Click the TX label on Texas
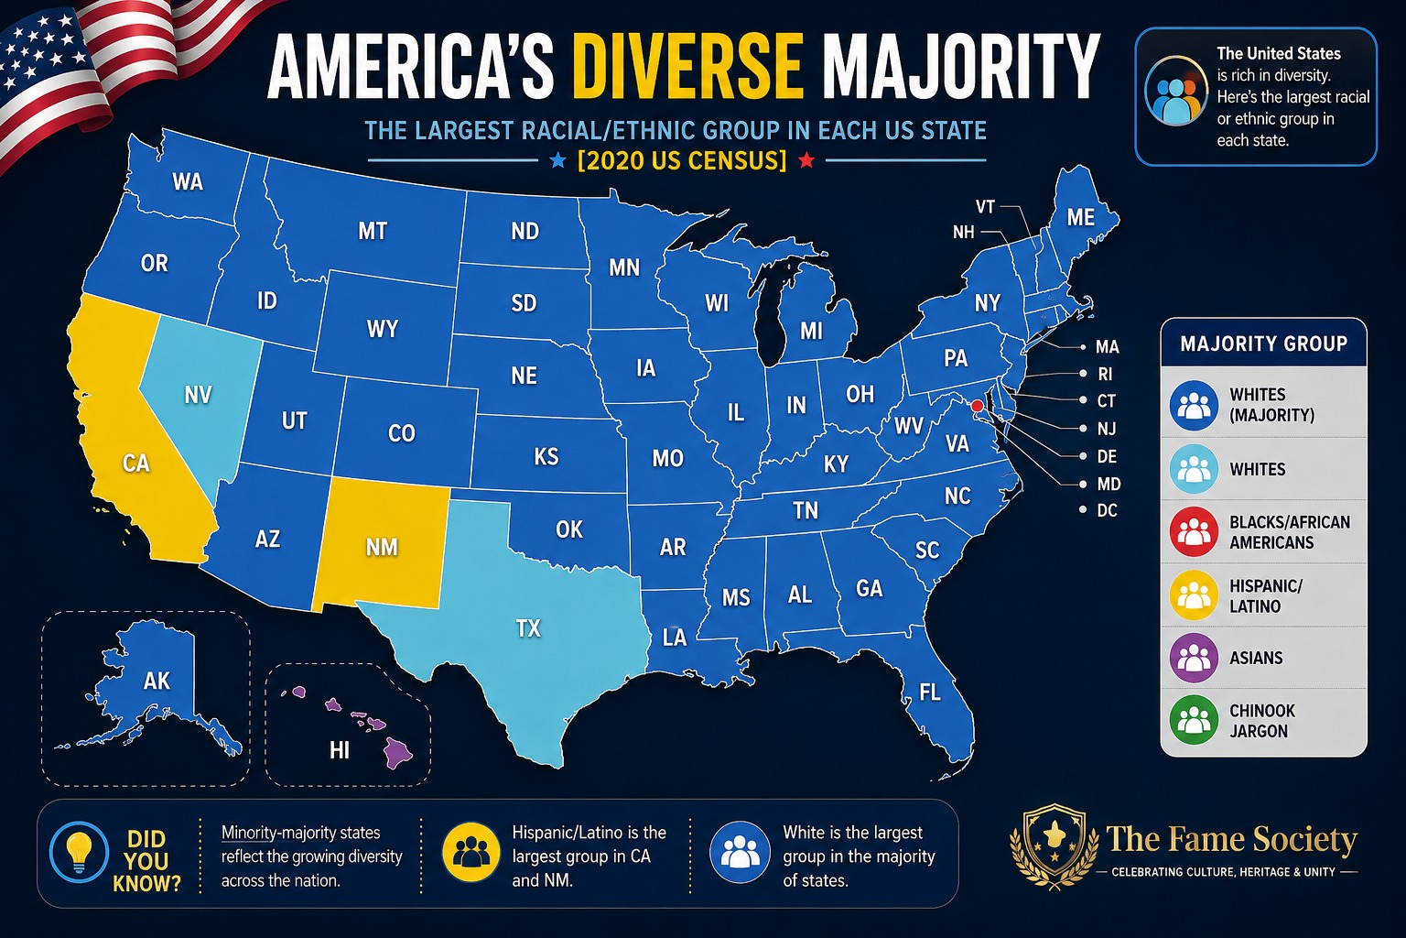[x=528, y=628]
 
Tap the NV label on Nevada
[x=198, y=395]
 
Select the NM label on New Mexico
[x=382, y=547]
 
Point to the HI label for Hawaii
[x=339, y=750]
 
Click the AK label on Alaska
[x=157, y=681]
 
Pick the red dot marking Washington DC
[x=977, y=407]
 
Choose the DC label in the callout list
[x=1107, y=510]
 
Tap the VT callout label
[x=985, y=207]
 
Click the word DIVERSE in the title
[x=688, y=65]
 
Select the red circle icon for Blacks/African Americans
[x=1194, y=531]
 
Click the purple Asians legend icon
[x=1194, y=658]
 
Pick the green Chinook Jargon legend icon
[x=1194, y=720]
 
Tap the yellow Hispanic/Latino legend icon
[x=1194, y=595]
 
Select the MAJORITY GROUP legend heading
[x=1263, y=344]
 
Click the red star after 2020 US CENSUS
[x=806, y=161]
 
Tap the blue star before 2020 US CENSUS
[x=557, y=161]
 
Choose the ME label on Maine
[x=1081, y=217]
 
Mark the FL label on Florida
[x=930, y=693]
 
